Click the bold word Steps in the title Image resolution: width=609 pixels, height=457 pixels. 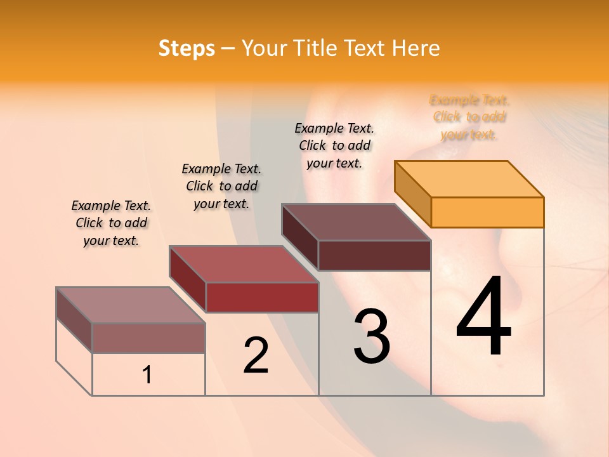coord(187,48)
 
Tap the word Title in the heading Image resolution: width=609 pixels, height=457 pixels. coord(317,48)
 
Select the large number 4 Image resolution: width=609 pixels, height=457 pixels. coord(483,317)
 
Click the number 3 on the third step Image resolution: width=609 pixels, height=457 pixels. coord(372,336)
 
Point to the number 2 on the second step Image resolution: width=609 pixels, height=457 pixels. coord(256,355)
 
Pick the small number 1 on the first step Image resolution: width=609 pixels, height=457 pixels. coord(147,374)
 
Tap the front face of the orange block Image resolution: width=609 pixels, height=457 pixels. coord(487,212)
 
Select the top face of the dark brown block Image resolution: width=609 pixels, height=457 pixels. coord(357,222)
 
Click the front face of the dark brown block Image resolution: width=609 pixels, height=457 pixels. coord(374,255)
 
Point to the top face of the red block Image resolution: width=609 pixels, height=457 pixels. coord(244,264)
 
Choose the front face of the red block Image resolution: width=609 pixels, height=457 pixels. coord(261,297)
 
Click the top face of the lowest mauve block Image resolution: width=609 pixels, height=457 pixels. coord(131,305)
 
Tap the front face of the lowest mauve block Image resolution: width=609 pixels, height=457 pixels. coord(148,338)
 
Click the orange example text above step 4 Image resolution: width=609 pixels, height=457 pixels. coord(469,117)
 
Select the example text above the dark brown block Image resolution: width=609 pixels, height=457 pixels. coord(334,145)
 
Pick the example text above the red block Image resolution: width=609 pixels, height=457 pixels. coord(221,186)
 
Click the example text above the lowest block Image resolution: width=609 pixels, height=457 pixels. coord(111,223)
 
